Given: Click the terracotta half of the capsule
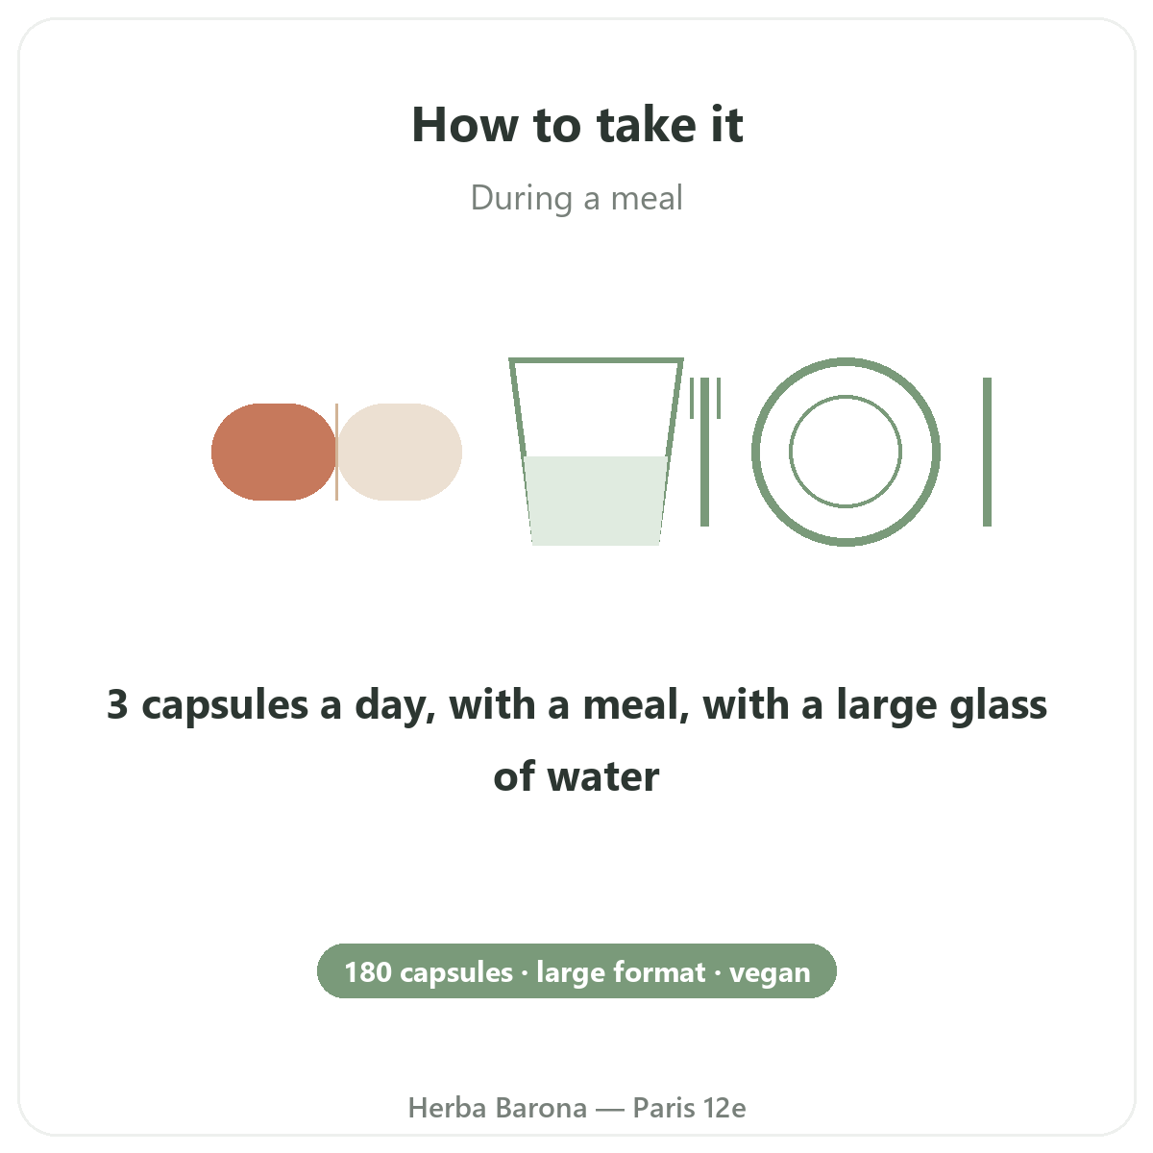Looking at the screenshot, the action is click(274, 452).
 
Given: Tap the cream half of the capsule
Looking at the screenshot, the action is click(400, 452).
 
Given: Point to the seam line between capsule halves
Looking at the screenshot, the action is click(337, 452).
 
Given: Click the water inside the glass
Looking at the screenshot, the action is click(596, 501).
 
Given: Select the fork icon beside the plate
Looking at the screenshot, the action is click(705, 452).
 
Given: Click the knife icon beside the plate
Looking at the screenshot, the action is click(988, 452).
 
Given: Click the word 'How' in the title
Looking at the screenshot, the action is click(465, 125).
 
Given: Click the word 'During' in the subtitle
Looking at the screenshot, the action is click(522, 199).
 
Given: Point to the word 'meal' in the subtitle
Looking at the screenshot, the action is click(647, 198).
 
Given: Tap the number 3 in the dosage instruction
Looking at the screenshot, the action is click(117, 704).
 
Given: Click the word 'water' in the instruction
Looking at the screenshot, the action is click(603, 776).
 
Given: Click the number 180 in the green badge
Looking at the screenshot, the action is click(368, 972).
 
